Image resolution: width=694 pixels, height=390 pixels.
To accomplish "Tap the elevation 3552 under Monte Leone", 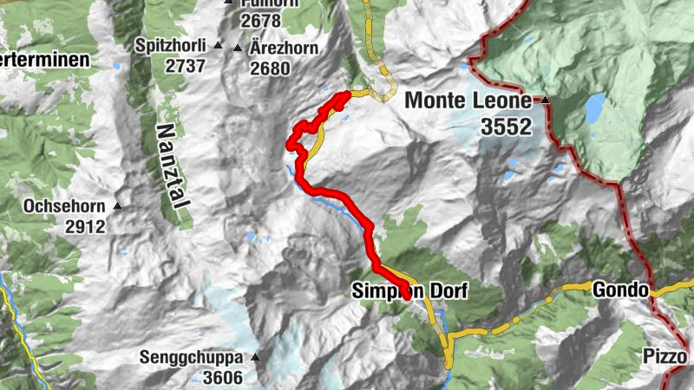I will coord(506,127).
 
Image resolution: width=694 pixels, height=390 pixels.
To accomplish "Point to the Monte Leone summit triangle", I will coord(546,101).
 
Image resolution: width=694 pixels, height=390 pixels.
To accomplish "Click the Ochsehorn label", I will coord(64,208).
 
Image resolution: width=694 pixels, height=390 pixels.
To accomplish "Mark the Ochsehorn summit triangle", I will coord(117,206).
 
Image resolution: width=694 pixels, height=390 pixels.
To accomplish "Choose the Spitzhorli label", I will coord(172,45).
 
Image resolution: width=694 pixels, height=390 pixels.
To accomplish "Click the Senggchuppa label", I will coord(193,356).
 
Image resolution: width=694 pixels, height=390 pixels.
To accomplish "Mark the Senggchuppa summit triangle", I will coord(255,357).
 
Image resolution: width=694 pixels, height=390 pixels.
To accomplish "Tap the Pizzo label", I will coord(665,356).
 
